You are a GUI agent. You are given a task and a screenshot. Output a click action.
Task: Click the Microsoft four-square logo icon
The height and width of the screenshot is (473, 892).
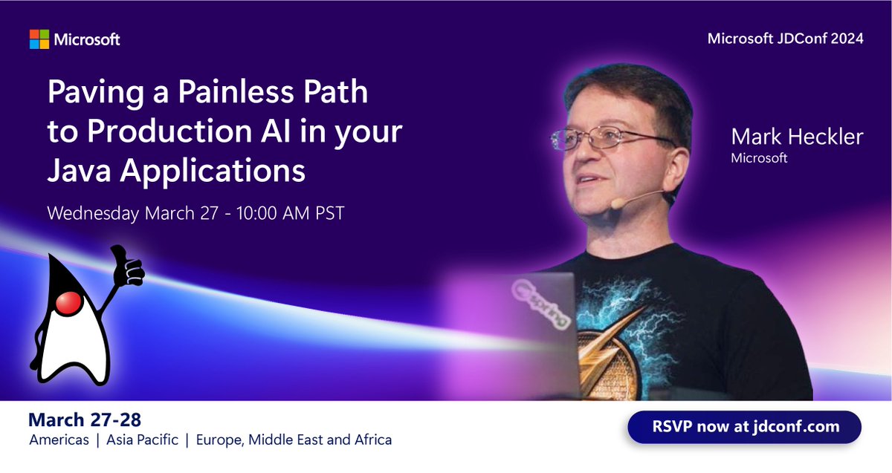point(39,39)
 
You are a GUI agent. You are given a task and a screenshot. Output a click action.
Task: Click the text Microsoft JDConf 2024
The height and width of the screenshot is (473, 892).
point(785,39)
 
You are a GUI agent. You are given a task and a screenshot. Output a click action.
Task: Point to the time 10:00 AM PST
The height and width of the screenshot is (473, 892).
point(291,213)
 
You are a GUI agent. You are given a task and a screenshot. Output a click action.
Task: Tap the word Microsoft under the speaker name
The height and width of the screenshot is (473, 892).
point(758,157)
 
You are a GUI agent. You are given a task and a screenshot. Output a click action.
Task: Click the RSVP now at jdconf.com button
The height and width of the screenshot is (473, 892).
point(744,427)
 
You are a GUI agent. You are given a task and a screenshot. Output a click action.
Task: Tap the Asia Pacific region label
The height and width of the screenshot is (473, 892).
point(142,440)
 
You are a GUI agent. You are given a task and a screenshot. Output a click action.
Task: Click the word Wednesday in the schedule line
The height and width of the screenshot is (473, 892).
point(93,213)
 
